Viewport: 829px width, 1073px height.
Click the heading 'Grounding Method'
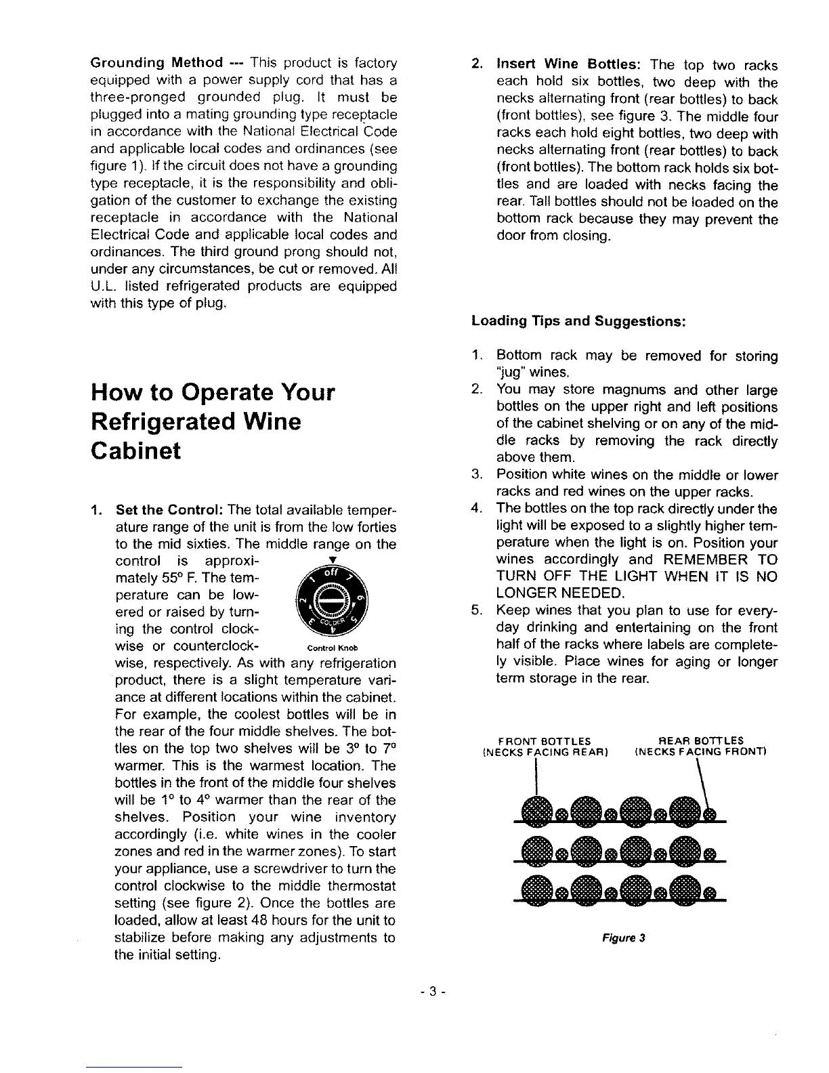click(x=156, y=63)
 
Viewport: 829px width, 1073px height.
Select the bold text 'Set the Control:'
click(x=171, y=509)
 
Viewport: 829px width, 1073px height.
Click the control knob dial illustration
click(x=332, y=602)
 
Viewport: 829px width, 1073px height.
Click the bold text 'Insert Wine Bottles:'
click(x=569, y=65)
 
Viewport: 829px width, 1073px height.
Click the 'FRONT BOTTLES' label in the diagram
click(x=544, y=740)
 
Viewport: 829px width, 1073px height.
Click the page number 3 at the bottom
click(x=431, y=992)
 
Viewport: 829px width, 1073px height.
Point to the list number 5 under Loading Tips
click(x=475, y=611)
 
